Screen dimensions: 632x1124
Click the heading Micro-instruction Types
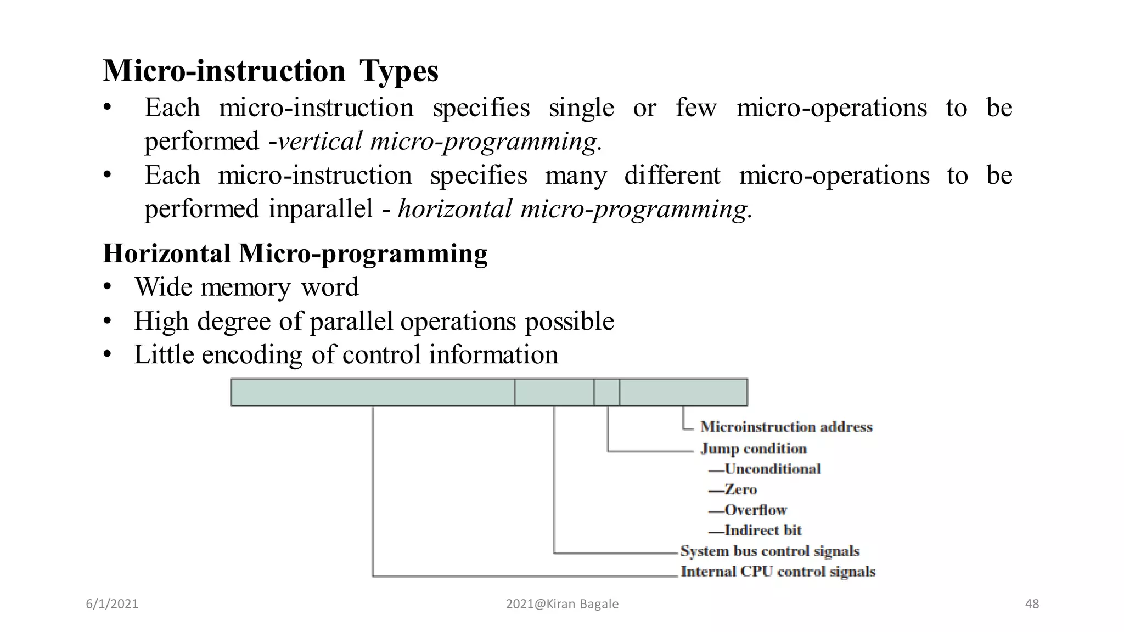271,71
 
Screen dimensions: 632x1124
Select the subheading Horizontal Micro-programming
295,254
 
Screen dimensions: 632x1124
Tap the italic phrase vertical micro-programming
437,141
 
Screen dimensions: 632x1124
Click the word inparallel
321,209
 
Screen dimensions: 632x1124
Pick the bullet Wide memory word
246,287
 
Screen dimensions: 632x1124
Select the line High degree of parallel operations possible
374,321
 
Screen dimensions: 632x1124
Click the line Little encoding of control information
346,355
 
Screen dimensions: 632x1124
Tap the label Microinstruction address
786,427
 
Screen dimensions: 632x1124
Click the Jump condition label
753,448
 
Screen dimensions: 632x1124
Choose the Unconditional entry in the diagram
772,469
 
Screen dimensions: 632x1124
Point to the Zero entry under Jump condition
740,489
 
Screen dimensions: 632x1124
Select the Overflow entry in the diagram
755,510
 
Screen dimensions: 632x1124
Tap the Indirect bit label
762,531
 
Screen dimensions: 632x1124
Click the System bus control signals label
769,551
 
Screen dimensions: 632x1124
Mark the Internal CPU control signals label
778,572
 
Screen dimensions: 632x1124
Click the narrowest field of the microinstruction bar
606,392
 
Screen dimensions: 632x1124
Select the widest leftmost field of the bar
372,392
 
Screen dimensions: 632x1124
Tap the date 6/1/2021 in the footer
112,604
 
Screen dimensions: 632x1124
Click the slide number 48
1032,604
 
